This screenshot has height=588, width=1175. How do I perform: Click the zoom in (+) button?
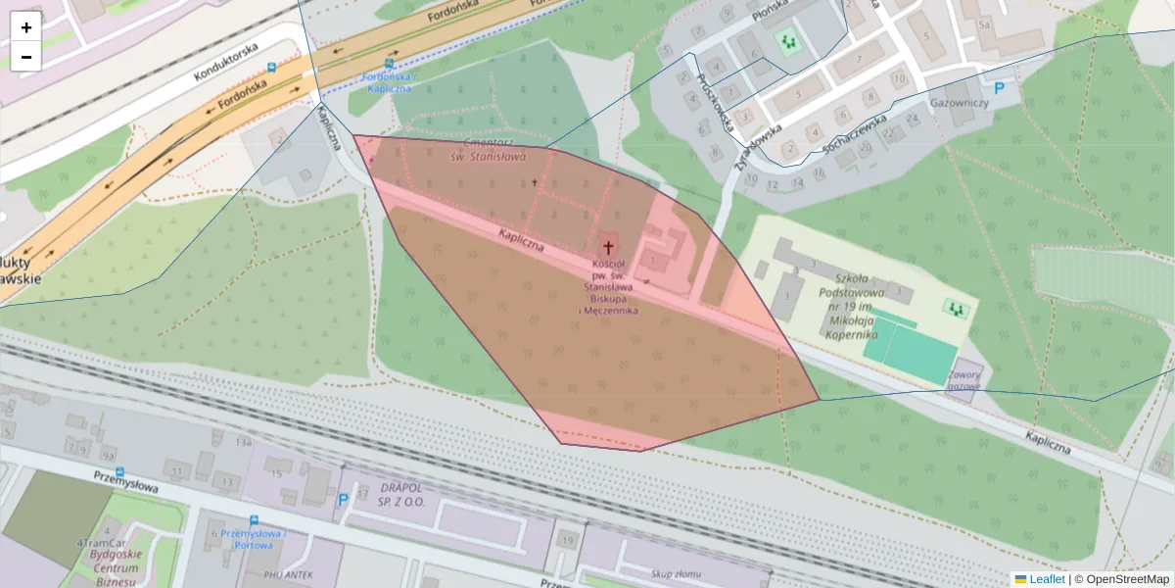pos(26,27)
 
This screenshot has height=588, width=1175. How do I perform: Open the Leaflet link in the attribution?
pos(1046,579)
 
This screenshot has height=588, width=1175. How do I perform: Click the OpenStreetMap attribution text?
pos(1127,579)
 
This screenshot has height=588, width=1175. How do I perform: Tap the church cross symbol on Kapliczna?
pos(608,248)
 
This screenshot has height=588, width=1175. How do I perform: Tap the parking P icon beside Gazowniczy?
pos(1000,88)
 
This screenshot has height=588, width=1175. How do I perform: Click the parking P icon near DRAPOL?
pos(343,500)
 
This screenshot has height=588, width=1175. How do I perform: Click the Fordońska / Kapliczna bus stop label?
pos(389,82)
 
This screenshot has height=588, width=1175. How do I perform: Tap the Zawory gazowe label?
pos(963,379)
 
